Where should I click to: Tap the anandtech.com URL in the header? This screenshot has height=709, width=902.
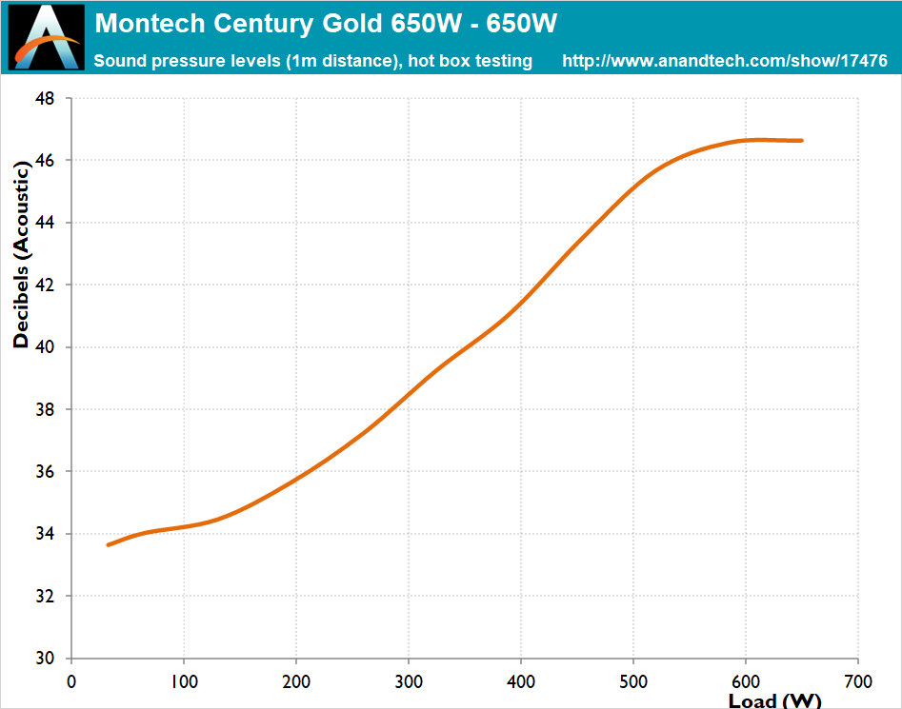725,61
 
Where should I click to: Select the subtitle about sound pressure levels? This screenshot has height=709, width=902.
313,61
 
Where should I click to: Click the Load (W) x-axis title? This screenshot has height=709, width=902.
774,701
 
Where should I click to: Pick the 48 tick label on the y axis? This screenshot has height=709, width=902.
46,98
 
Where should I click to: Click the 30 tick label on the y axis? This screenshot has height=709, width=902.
46,659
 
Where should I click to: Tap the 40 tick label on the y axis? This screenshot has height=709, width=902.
46,347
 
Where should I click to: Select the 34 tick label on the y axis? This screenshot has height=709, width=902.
46,534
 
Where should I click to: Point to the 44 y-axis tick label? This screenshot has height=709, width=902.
46,223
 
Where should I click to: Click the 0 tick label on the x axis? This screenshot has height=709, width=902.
70,681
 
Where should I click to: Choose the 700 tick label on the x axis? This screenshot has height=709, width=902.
858,681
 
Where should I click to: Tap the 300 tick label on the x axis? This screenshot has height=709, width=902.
409,681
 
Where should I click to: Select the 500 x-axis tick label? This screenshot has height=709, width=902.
633,681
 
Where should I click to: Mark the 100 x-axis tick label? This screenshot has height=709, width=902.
183,681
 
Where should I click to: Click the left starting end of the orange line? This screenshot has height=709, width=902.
109,544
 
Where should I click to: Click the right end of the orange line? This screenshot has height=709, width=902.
801,141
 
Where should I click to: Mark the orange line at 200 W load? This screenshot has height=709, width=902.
296,478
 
